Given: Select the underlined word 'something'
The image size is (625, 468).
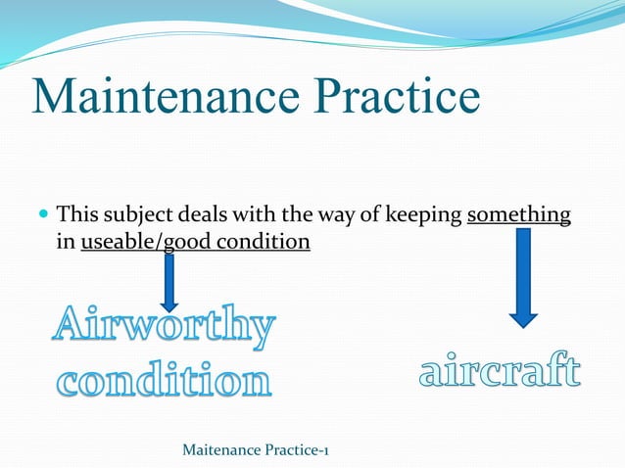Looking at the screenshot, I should pos(518,213).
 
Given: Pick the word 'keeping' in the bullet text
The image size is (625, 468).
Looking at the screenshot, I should pos(428,213).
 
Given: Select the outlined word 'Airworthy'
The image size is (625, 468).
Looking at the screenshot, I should pos(163,328).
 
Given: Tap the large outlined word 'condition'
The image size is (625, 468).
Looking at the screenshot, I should pos(161,381).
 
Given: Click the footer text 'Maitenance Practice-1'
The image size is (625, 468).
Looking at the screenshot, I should pos(256,449).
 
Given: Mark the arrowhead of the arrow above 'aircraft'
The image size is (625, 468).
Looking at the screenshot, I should pos(523,315).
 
